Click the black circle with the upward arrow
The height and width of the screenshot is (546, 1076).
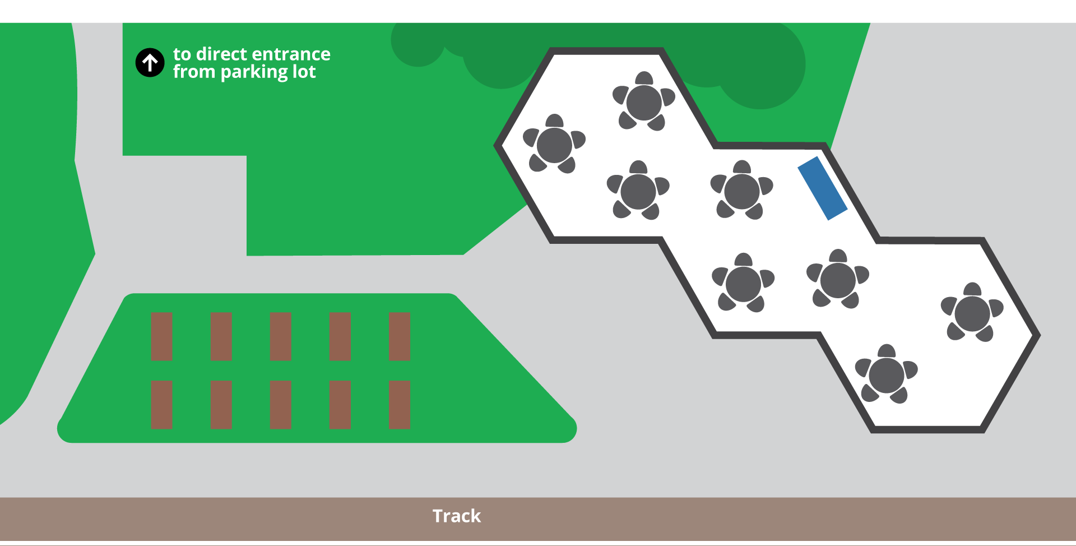coord(150,62)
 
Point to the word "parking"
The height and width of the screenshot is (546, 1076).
coord(254,72)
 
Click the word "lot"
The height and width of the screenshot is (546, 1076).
coord(304,72)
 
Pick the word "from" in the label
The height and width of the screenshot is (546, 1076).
coord(194,72)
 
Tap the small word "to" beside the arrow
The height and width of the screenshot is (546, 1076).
coord(182,54)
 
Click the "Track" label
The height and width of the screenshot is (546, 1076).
coord(456,516)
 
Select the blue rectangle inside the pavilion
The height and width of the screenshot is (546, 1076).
coord(822,188)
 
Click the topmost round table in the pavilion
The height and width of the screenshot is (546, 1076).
coord(644,102)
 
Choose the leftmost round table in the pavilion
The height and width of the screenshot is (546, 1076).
coord(554,145)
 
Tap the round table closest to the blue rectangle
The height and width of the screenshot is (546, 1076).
coord(741,191)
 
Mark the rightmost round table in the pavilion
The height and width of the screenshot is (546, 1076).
coord(972,313)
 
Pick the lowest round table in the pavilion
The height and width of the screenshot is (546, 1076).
coord(886,375)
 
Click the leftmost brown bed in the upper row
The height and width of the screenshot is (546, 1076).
coord(161,336)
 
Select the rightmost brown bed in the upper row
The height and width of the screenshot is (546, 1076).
coord(399,336)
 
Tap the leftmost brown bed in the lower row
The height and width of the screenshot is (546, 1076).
coord(161,405)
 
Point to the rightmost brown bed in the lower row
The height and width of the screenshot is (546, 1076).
coord(399,405)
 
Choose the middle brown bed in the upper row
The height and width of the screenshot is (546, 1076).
coord(280,336)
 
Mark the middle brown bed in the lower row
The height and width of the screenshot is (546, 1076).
coord(280,405)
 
